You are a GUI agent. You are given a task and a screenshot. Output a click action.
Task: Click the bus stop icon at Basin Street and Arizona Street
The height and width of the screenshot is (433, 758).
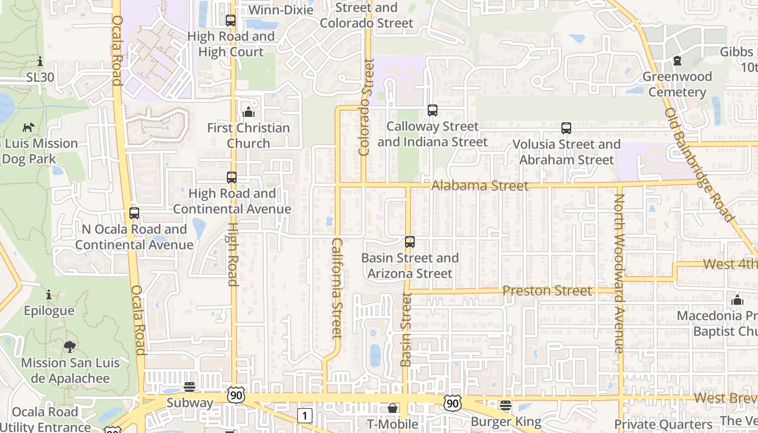410,242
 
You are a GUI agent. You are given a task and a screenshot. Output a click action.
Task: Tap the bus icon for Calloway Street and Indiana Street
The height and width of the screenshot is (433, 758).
433,110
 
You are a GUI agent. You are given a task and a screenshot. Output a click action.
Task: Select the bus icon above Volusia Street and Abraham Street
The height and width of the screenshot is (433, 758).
566,128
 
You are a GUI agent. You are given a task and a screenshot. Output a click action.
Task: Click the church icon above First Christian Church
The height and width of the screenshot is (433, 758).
249,112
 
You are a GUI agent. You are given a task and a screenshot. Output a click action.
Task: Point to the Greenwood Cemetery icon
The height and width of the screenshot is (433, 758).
677,61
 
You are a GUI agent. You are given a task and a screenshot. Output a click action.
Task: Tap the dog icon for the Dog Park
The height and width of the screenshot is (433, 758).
28,127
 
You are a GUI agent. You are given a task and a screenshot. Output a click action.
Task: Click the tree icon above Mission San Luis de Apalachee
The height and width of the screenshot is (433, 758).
69,346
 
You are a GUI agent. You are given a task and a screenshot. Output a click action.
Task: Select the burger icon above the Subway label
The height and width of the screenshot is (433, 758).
190,387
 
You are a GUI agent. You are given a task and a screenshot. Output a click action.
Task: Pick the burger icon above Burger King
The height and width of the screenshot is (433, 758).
506,405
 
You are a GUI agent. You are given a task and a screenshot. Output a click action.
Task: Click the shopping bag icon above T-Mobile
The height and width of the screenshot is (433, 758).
393,408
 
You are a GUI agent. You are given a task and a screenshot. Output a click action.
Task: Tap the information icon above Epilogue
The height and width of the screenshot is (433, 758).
49,295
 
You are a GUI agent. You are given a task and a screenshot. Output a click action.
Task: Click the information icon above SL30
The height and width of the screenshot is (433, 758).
40,61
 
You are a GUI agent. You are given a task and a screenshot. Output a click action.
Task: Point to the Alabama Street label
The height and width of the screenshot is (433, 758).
480,186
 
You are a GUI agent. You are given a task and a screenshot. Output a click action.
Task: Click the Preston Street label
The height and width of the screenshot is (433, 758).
547,291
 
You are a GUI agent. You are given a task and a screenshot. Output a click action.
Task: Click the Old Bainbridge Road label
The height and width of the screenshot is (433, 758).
699,165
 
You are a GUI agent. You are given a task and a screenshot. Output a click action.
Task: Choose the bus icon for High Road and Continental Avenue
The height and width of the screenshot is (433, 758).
232,177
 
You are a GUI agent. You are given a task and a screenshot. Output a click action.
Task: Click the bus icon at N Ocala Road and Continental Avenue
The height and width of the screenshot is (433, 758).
134,213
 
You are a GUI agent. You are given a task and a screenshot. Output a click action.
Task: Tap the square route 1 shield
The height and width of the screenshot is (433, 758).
305,416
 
